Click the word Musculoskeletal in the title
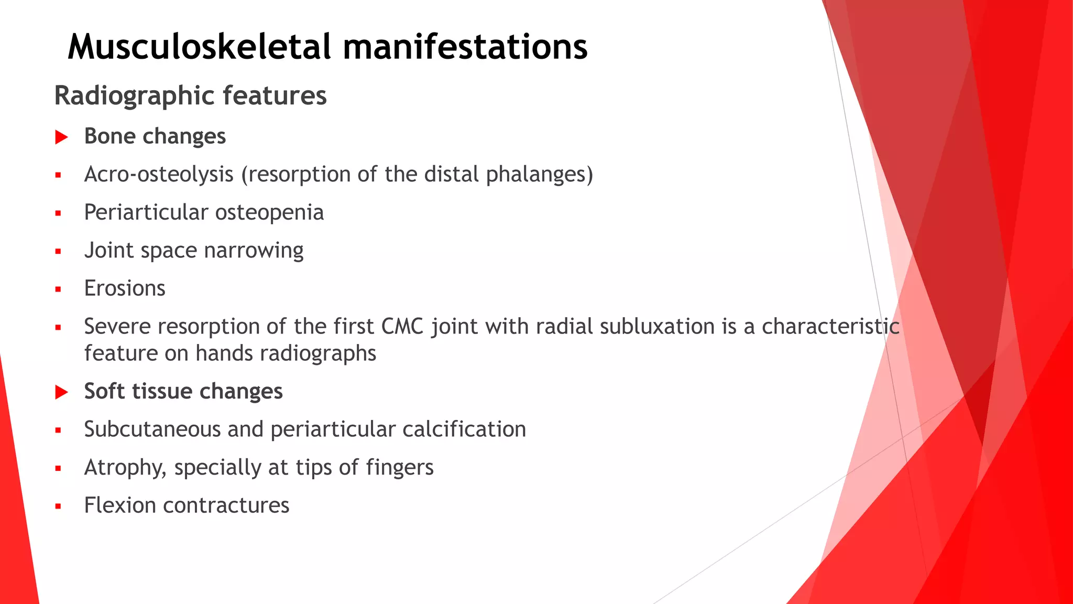(x=199, y=47)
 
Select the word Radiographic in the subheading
(x=134, y=96)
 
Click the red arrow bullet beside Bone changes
(x=62, y=137)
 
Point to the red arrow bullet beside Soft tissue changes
(x=62, y=392)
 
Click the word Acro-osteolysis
(x=159, y=175)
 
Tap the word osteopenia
(x=269, y=213)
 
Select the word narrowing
(x=254, y=251)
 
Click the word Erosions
(x=125, y=288)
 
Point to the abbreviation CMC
(x=402, y=327)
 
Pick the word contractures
(x=226, y=505)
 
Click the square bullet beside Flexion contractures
(x=58, y=506)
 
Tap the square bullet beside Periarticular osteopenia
(x=58, y=214)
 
